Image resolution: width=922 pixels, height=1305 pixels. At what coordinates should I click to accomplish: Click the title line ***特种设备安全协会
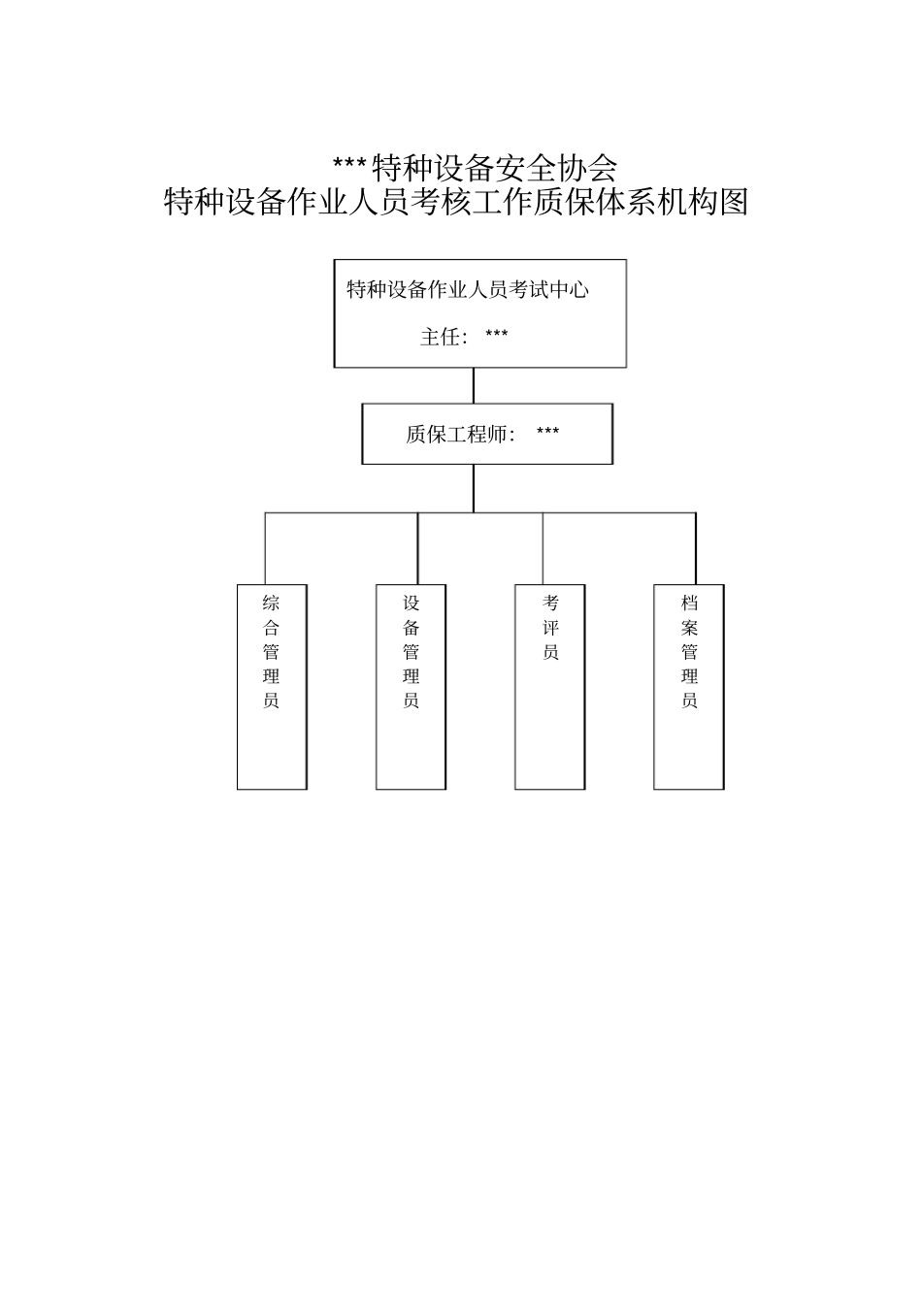475,168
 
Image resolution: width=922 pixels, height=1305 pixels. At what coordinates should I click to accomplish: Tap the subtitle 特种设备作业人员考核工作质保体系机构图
456,202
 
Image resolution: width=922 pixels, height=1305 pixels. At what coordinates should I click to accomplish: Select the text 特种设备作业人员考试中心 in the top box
468,289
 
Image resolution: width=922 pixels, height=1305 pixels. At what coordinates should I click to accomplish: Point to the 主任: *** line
464,337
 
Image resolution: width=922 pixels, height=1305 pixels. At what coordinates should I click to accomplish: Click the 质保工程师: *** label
482,434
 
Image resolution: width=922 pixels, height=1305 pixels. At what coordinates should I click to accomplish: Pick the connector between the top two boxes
474,385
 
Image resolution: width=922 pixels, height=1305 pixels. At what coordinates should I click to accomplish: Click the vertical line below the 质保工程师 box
474,488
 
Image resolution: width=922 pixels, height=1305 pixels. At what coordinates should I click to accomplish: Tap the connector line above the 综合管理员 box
266,548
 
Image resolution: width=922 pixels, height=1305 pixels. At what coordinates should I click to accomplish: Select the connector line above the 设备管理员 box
418,548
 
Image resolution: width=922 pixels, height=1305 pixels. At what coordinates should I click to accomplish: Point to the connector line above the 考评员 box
543,548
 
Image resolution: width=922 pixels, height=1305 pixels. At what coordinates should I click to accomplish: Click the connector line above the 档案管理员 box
695,548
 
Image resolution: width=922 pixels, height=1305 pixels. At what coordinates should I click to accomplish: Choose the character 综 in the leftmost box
271,603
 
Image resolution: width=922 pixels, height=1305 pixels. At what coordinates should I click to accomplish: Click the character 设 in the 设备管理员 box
412,603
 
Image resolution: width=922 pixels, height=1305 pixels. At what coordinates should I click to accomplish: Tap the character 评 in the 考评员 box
550,628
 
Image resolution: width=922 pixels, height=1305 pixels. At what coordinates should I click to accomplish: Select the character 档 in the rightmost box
689,603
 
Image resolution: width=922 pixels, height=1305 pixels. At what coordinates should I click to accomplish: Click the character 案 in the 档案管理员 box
689,628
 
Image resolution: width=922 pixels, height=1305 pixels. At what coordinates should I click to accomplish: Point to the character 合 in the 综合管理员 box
271,628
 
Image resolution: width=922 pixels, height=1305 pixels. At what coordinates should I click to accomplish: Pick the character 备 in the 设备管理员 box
412,628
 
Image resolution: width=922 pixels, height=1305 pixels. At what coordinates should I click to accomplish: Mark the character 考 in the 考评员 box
550,603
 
